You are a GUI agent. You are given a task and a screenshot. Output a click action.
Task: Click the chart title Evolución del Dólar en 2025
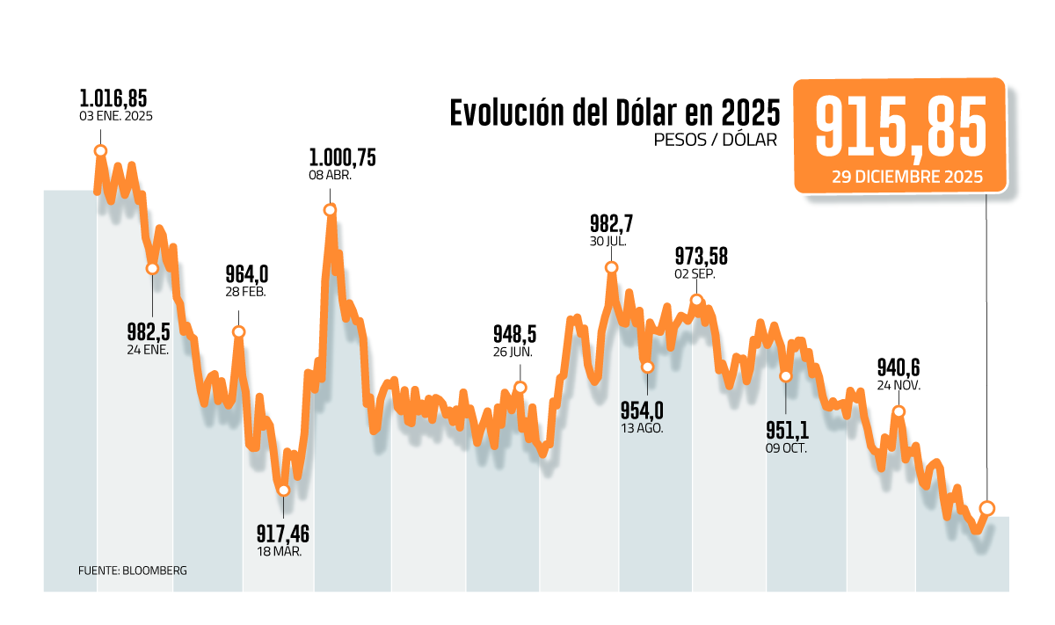tap(615, 113)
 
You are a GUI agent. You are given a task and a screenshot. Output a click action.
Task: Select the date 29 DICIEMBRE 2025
tap(900, 176)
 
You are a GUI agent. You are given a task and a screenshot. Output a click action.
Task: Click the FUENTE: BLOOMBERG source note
tap(133, 570)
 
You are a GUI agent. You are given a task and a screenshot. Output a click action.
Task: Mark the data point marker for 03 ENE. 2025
tap(100, 151)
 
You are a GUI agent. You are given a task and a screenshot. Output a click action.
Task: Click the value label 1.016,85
tap(113, 98)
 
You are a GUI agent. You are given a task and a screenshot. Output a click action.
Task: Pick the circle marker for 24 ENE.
tap(153, 268)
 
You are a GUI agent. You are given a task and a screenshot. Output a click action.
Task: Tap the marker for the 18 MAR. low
tap(283, 491)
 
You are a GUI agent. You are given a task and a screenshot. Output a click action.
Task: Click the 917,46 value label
tap(283, 534)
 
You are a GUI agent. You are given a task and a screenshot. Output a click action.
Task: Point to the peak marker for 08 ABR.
tap(330, 210)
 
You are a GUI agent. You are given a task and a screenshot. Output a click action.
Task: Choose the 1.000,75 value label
tap(342, 157)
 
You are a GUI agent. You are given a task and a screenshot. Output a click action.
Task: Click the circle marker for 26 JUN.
tap(520, 388)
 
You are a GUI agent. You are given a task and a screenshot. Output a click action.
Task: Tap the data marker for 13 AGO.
tap(647, 367)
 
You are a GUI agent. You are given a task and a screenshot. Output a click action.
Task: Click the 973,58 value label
tap(701, 256)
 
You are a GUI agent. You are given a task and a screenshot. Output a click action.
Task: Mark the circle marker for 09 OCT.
tap(786, 375)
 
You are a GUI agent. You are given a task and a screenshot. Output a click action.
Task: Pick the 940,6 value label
tap(899, 367)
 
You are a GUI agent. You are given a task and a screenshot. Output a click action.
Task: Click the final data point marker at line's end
tap(987, 508)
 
